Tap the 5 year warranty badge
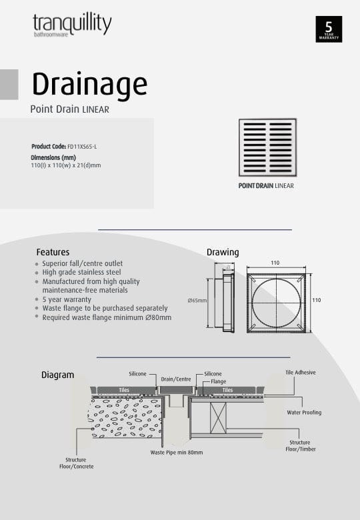coord(328,29)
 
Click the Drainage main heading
coord(89,85)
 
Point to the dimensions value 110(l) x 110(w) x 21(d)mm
coord(66,165)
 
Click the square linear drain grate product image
coord(267,148)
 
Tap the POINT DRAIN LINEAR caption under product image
coord(266,186)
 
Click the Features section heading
coord(53,253)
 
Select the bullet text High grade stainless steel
coord(81,272)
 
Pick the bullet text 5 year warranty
coord(67,299)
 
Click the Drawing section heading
coord(223,253)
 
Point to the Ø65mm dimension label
coord(197,301)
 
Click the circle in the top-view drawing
coord(276,301)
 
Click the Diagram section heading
coord(57,375)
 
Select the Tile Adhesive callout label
coord(301,373)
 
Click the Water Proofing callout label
coord(304,413)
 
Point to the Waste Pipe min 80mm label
coord(177,452)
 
